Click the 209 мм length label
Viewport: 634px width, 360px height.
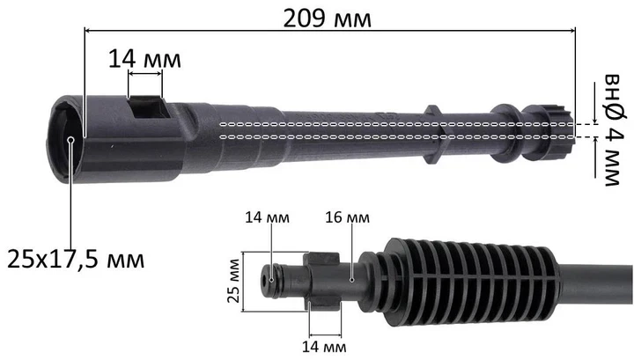(x=327, y=18)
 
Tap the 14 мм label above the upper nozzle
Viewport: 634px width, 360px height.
(x=144, y=59)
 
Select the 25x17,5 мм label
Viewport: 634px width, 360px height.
(x=76, y=259)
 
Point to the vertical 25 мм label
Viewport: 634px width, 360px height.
(x=233, y=281)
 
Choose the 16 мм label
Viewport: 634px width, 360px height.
(x=347, y=217)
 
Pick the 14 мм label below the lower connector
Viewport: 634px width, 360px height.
(x=324, y=347)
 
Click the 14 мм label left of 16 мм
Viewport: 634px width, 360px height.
(x=268, y=217)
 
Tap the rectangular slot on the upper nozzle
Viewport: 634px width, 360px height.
(x=147, y=107)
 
